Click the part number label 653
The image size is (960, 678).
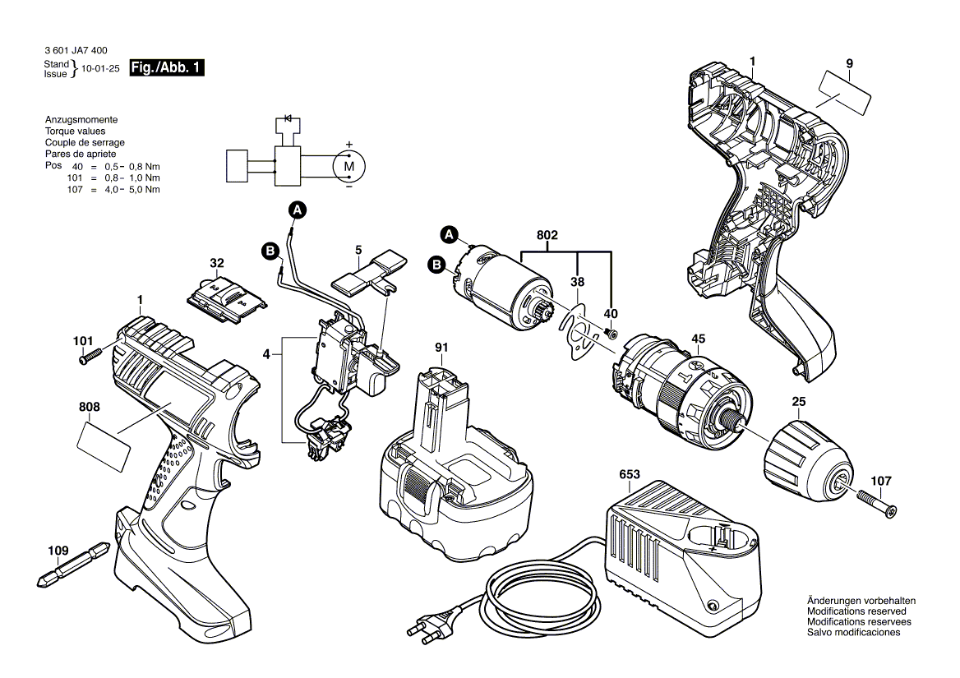coord(629,475)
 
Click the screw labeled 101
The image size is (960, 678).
coord(89,357)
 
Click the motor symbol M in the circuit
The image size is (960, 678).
coord(348,166)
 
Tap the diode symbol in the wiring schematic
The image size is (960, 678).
coord(288,119)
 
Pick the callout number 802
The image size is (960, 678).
coord(547,235)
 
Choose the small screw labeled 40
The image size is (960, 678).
coord(611,333)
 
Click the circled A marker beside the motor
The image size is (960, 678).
coord(449,234)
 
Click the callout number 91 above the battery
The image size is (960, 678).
coord(441,347)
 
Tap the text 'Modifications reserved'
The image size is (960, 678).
coord(856,611)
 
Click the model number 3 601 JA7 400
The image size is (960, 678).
coord(80,50)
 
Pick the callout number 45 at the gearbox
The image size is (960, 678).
coord(698,338)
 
